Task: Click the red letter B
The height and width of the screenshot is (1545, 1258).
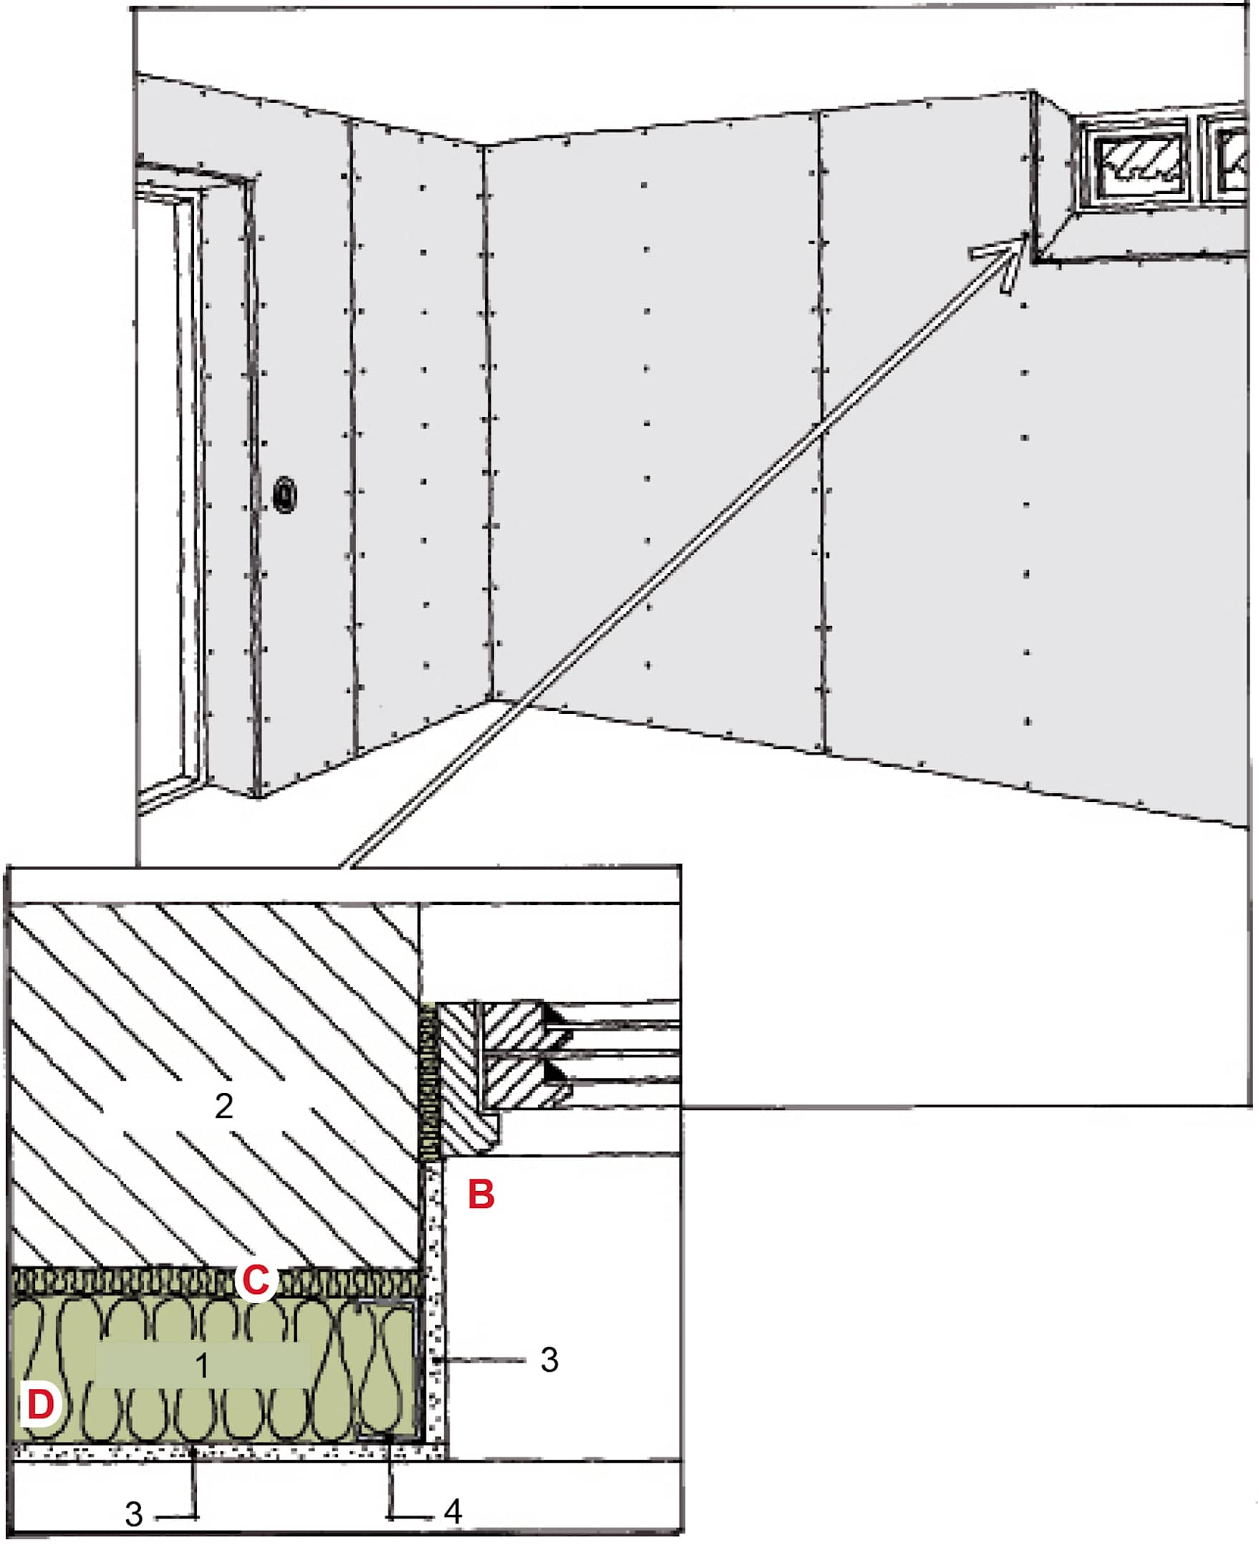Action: click(x=481, y=1195)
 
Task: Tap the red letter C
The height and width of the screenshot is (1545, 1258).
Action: click(x=255, y=1280)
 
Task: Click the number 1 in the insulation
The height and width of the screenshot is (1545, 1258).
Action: click(x=203, y=1365)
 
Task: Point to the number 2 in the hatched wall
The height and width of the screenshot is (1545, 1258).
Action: click(x=223, y=1105)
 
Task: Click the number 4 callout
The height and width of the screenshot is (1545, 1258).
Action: click(x=453, y=1511)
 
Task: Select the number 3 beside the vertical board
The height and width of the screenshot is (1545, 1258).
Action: click(x=550, y=1360)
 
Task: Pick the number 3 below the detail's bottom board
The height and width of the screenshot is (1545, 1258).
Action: click(x=134, y=1514)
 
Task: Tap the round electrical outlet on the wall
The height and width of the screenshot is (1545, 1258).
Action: click(x=285, y=496)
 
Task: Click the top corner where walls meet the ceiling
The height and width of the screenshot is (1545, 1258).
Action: click(x=482, y=146)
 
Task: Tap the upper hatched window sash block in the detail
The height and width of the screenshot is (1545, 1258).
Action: click(x=516, y=1026)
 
